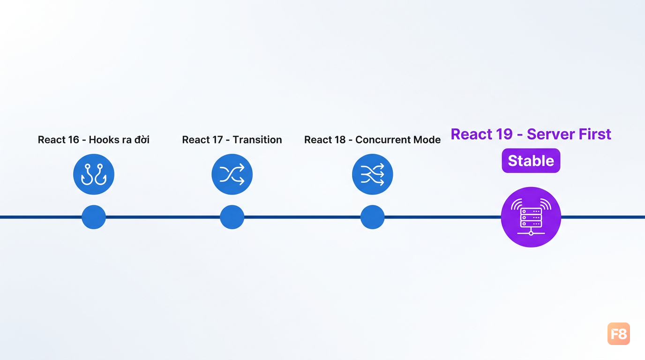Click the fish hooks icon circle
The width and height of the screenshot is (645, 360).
point(94,174)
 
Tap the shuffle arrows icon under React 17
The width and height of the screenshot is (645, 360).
point(232,174)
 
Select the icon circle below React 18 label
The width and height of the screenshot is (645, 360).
point(372,174)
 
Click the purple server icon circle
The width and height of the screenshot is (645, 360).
point(531,217)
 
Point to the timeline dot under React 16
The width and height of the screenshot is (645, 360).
point(94,217)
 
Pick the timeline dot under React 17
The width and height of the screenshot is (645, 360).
point(232,217)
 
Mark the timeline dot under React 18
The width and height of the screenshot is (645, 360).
point(372,217)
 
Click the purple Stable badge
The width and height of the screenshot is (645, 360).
point(531,160)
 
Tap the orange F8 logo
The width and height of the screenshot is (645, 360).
point(618,333)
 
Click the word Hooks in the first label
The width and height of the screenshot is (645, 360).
point(101,140)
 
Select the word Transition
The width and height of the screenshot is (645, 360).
point(257,140)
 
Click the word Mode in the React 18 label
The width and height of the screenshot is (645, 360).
point(427,140)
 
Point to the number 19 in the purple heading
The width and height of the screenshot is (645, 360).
point(504,134)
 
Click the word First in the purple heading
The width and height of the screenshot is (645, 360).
point(594,134)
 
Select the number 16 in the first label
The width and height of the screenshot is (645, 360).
point(73,140)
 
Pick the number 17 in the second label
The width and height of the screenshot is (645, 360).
point(217,140)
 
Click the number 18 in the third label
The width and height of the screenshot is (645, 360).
point(340,140)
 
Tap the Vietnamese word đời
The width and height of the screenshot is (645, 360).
point(142,139)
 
